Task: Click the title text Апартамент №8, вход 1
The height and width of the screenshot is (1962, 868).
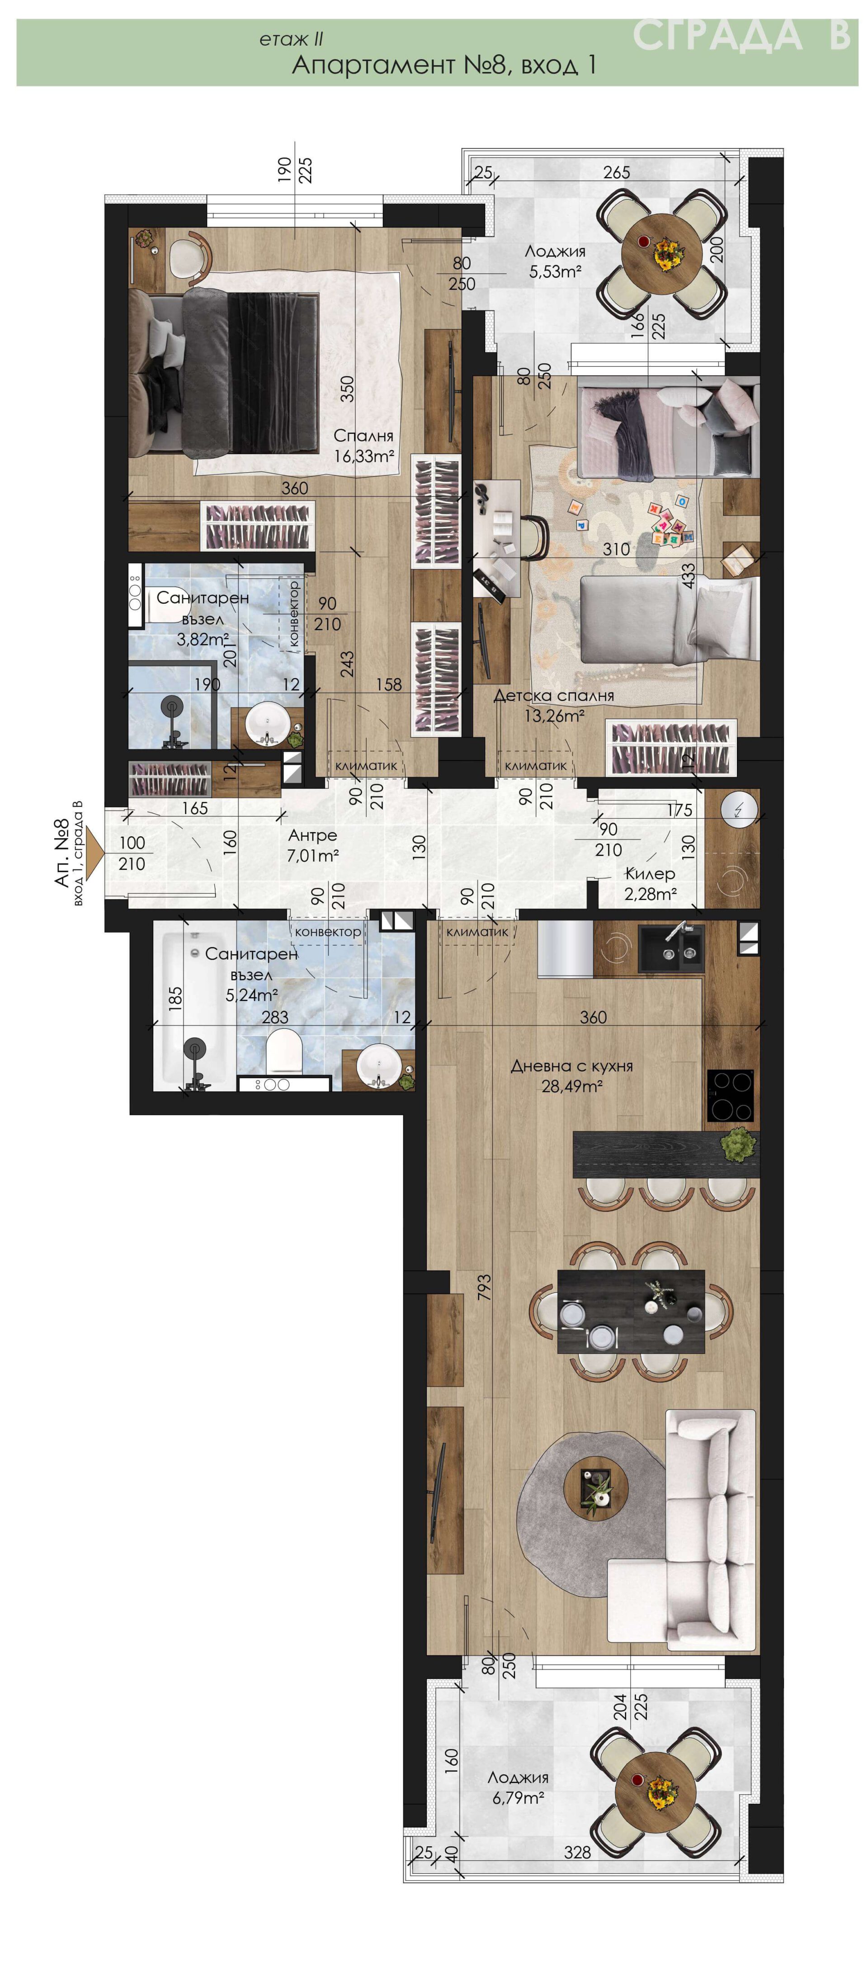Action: (444, 65)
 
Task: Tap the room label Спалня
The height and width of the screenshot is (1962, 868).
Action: (363, 436)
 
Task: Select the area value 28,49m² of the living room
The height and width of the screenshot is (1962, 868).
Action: (572, 1087)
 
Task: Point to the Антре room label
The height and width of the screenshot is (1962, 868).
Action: (312, 835)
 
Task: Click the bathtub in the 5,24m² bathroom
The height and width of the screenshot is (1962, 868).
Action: (195, 1007)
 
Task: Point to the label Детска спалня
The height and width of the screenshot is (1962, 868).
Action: (553, 695)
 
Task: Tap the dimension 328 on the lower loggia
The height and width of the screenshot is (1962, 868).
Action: (577, 1853)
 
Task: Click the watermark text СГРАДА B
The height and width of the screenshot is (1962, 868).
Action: (741, 35)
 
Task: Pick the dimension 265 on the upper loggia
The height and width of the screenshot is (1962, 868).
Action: (616, 173)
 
